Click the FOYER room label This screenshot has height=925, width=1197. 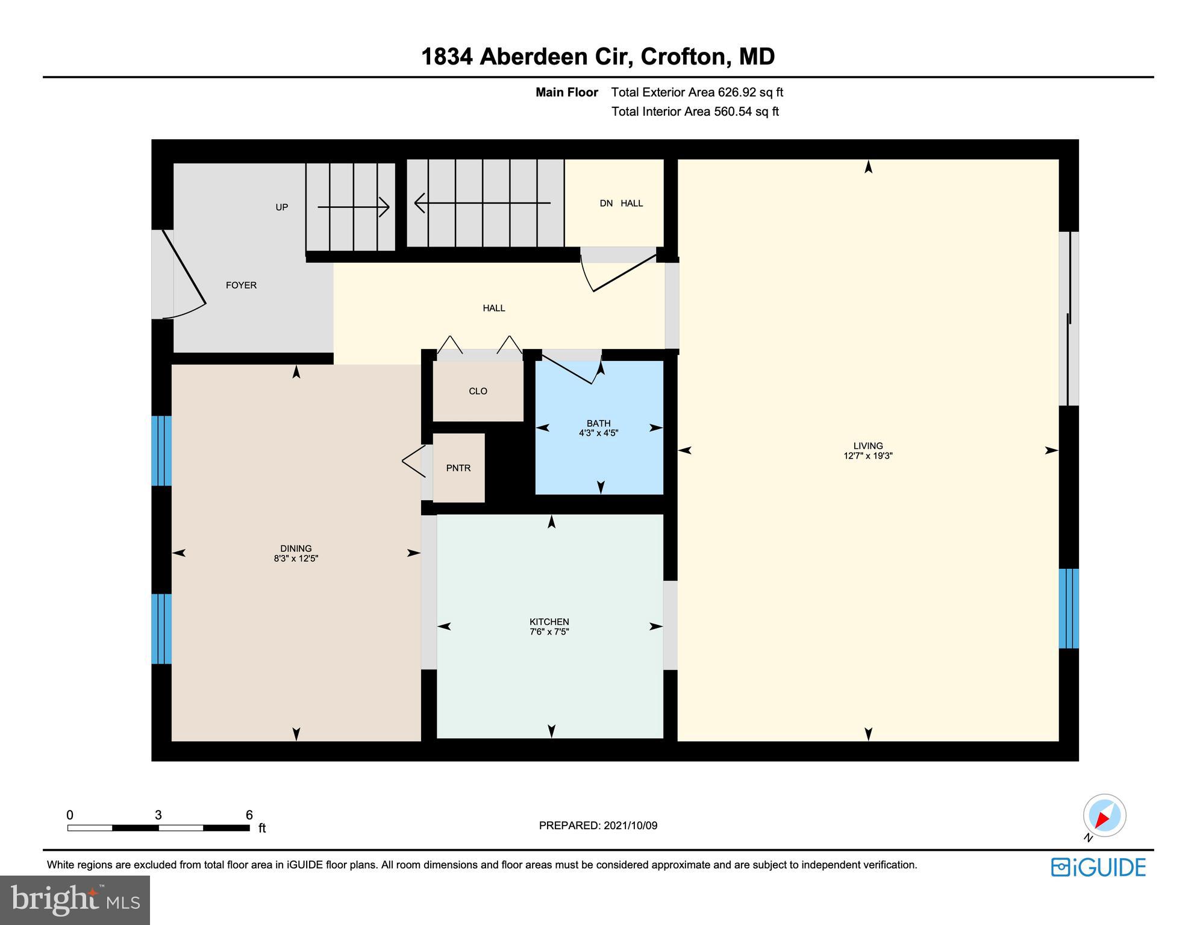[x=241, y=285]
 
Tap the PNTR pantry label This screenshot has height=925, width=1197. [x=458, y=468]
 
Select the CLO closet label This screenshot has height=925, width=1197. [x=478, y=391]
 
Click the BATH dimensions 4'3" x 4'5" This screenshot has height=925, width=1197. [x=598, y=433]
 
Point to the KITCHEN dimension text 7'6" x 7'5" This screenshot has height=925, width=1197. [x=549, y=632]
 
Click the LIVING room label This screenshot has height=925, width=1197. [x=867, y=446]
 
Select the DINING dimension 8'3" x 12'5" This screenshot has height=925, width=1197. [x=296, y=559]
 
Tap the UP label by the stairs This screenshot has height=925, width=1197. [x=281, y=207]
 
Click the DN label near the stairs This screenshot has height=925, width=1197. [x=606, y=203]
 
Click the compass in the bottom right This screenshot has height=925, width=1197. [x=1104, y=816]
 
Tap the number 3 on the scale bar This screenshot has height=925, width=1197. [x=158, y=815]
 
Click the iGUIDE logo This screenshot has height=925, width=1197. [x=1098, y=867]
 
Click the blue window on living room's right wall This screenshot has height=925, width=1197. [x=1068, y=608]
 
